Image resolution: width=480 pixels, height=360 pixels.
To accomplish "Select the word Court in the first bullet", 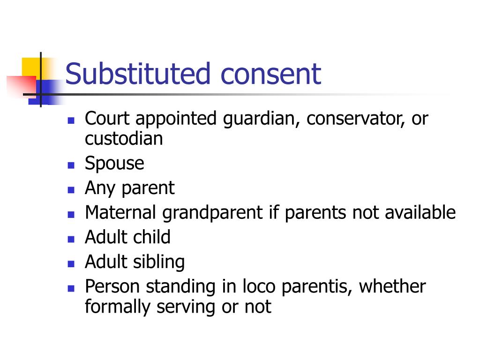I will [108, 119].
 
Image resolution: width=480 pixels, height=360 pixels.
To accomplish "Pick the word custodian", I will [124, 139].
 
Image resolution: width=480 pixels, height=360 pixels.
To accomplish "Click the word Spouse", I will [114, 164].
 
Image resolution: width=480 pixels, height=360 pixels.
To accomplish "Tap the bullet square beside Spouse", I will [71, 165].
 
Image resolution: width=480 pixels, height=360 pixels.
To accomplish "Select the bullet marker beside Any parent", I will [71, 190].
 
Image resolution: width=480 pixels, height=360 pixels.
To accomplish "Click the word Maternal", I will [121, 213].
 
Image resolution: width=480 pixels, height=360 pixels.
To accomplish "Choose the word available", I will [420, 213].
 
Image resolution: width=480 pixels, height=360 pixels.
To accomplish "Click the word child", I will [150, 237].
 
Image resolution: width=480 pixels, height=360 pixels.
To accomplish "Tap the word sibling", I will [159, 262].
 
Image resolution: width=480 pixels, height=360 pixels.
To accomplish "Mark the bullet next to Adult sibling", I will [71, 263].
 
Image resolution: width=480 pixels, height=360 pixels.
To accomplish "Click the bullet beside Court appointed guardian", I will [71, 120].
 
